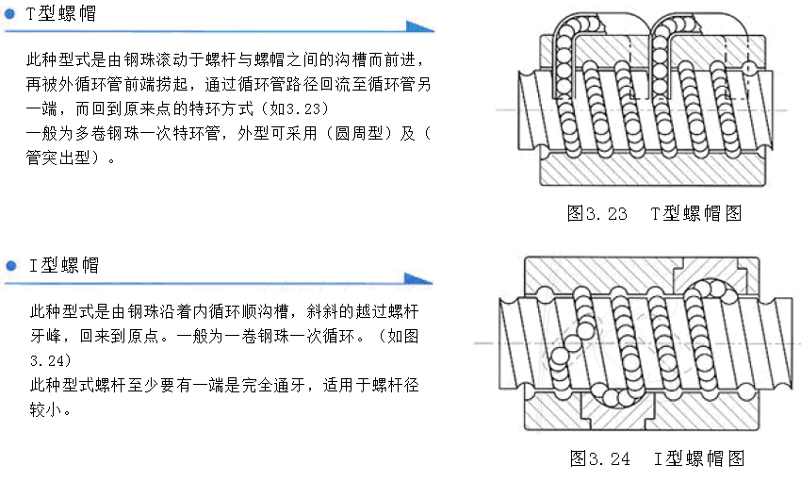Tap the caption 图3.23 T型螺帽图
[654, 213]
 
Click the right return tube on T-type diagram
[682, 42]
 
